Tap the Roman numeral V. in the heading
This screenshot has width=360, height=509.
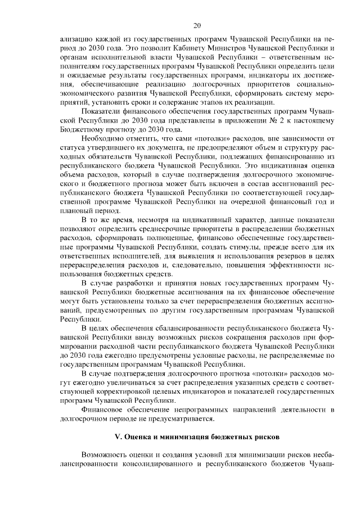[x=118, y=436]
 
